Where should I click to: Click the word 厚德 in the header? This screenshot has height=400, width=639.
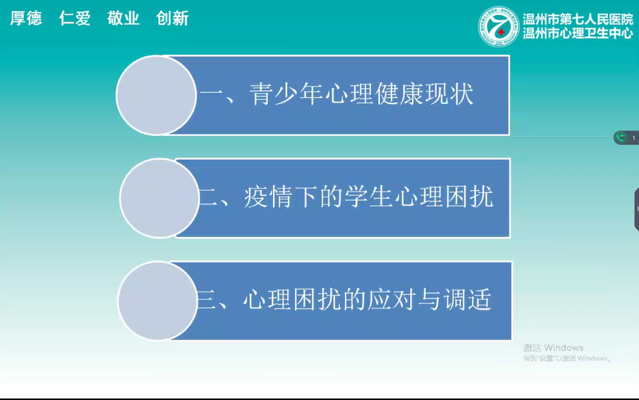(x=25, y=19)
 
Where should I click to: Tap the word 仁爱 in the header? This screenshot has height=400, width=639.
(x=75, y=19)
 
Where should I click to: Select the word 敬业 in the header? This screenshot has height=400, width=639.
(x=123, y=19)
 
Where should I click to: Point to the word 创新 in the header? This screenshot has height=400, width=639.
(x=172, y=19)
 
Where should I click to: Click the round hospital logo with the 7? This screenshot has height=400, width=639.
(x=498, y=28)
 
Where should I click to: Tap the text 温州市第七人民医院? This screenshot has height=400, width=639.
(x=577, y=19)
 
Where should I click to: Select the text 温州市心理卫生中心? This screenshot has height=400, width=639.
(x=577, y=34)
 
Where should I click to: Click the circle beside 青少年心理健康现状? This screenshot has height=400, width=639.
(x=156, y=96)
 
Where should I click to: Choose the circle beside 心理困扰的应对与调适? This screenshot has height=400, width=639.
(x=156, y=301)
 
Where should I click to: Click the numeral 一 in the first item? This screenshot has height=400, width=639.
(x=212, y=96)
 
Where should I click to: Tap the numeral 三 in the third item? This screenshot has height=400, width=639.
(x=207, y=301)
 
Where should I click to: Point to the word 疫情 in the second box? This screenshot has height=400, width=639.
(x=268, y=197)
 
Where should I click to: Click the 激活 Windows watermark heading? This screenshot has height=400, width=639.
(x=553, y=348)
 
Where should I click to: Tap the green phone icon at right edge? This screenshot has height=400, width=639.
(x=620, y=138)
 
